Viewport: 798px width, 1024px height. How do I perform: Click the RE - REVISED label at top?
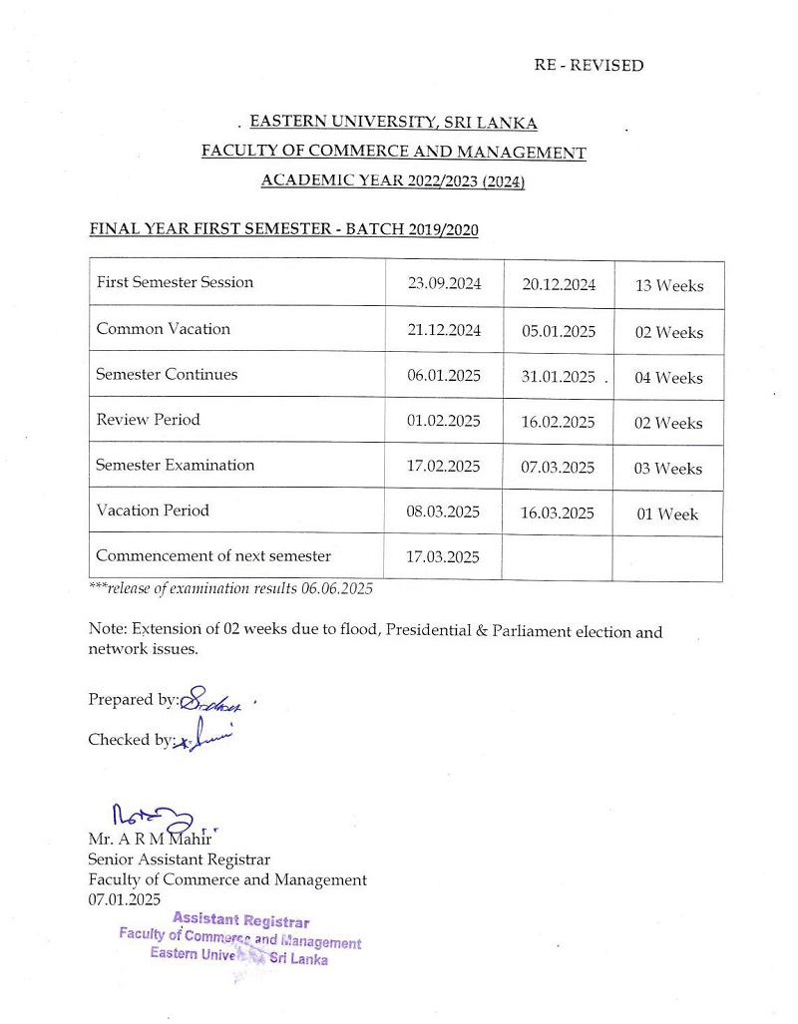(589, 66)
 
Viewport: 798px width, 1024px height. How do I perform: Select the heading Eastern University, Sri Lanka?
(393, 123)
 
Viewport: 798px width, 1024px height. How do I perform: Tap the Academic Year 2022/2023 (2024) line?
(393, 180)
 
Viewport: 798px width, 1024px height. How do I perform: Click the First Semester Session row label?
(175, 282)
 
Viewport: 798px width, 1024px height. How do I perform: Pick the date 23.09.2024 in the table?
(444, 283)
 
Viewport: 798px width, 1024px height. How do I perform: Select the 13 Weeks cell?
(668, 286)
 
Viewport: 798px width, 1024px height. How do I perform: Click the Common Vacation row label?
(163, 329)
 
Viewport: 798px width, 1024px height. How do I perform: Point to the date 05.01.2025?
(558, 332)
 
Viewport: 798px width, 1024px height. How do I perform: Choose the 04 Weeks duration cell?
(668, 378)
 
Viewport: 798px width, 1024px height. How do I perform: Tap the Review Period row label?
(148, 420)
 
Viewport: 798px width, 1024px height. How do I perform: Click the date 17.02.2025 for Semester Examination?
(444, 466)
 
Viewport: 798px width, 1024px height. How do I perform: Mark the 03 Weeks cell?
(668, 469)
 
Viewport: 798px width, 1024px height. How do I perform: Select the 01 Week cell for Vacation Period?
(668, 514)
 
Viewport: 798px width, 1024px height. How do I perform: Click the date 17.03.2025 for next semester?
(444, 557)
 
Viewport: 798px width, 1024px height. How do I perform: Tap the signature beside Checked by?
(204, 737)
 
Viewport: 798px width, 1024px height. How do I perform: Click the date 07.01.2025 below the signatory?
(124, 899)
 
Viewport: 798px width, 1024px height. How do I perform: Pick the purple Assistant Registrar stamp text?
(240, 922)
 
